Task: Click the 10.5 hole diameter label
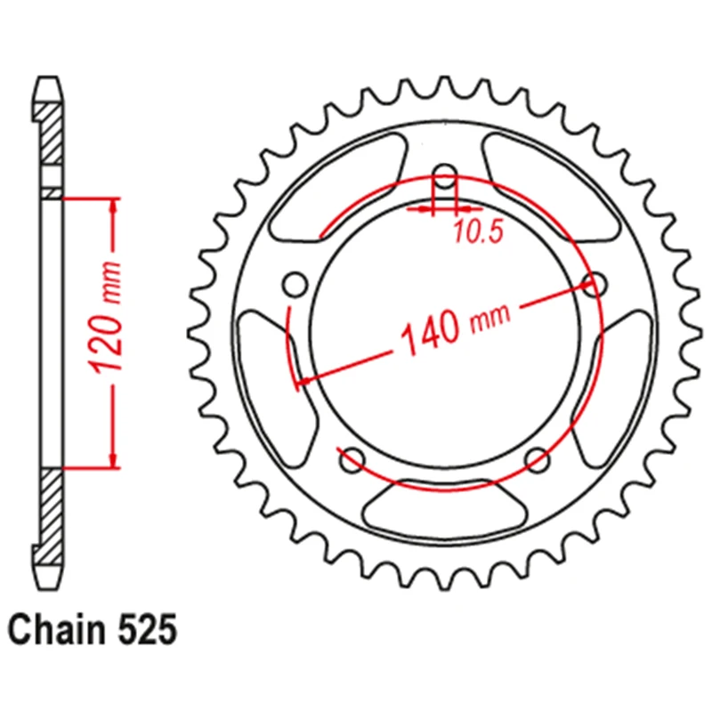(x=479, y=231)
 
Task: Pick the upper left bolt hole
(x=295, y=284)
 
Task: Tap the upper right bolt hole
(x=595, y=284)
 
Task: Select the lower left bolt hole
(x=352, y=460)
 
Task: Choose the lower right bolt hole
(x=538, y=460)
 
